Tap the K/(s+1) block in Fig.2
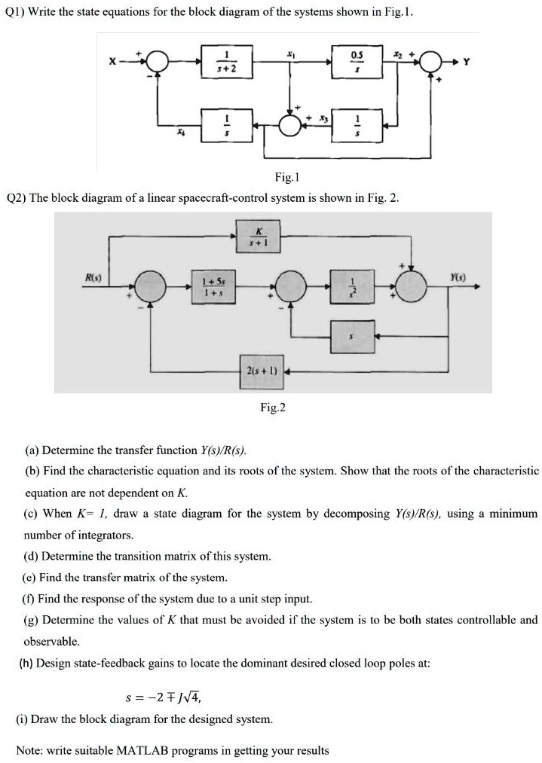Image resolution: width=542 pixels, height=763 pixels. (259, 236)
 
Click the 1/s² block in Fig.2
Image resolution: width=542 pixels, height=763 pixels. (348, 288)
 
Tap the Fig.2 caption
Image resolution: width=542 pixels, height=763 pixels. (273, 407)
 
